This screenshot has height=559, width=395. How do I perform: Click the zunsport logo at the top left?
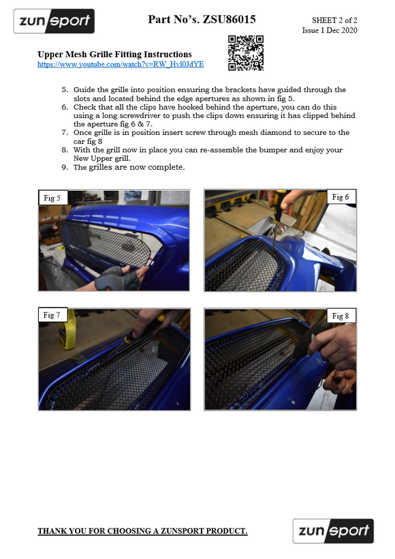coord(54,21)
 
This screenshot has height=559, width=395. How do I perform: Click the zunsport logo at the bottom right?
coord(333,531)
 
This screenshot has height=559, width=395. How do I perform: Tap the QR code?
coord(246,52)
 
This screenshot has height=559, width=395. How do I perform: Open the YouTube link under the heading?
coord(121,65)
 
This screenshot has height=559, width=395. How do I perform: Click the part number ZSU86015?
coord(229,19)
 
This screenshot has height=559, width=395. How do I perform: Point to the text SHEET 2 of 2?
coord(334,20)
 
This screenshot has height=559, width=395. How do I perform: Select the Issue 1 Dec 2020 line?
coord(330,30)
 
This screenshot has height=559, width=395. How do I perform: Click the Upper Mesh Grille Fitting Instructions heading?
coord(114,54)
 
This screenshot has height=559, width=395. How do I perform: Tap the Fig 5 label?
coord(52,198)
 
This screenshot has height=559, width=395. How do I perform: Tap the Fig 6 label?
coord(341,197)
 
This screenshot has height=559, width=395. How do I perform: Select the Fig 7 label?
coord(52,315)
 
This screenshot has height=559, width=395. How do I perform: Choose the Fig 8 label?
coord(341,316)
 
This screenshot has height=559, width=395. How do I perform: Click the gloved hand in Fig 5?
coord(117,279)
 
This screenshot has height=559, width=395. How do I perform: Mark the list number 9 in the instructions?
coord(65,167)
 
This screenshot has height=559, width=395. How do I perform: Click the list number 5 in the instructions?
coord(65,90)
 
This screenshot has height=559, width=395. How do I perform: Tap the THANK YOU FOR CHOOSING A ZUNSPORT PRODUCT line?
coord(142,531)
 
